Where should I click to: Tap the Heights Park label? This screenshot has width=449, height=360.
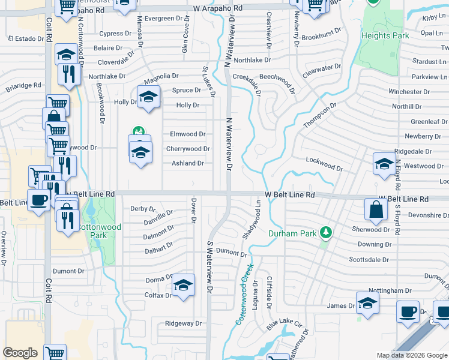click(385, 35)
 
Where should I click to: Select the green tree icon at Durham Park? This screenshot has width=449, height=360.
click(326, 232)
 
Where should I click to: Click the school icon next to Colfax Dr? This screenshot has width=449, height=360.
click(184, 284)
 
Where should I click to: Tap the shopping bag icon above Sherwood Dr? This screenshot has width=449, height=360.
click(376, 209)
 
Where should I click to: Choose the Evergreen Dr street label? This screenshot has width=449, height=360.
click(163, 19)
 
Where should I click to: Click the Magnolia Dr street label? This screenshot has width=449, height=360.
click(161, 76)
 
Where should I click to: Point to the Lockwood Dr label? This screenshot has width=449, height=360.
click(324, 164)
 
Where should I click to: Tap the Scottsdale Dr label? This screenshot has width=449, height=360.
click(369, 260)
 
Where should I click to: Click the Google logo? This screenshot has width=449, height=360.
click(20, 353)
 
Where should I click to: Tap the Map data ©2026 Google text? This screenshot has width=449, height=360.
click(411, 355)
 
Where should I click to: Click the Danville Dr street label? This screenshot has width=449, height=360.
click(158, 216)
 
